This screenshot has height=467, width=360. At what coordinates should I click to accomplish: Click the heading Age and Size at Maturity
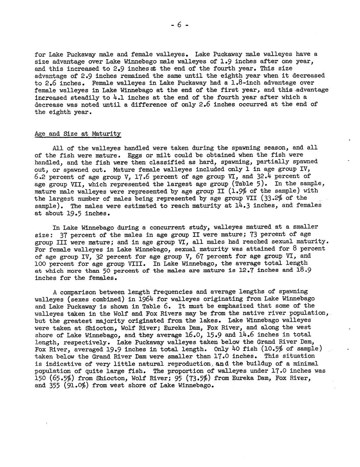click(x=78, y=134)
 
